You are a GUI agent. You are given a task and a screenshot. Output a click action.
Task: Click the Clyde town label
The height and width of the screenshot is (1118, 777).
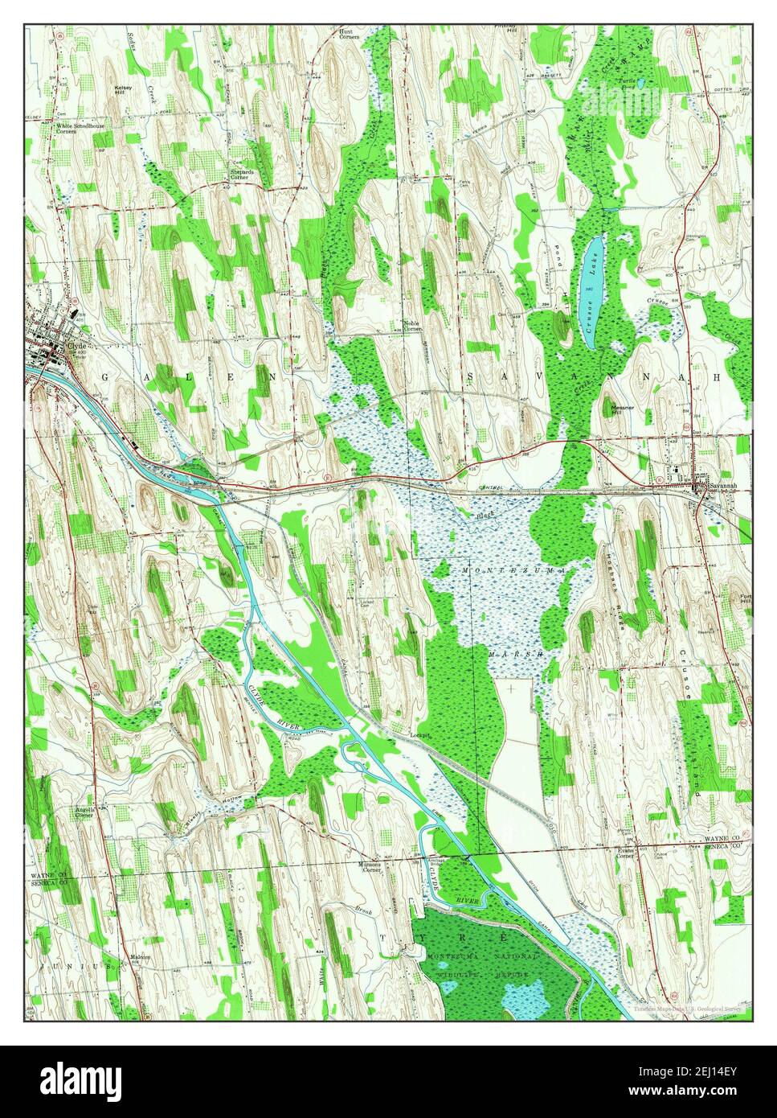77,345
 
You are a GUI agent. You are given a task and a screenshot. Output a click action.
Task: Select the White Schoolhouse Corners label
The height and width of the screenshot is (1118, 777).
76,128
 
